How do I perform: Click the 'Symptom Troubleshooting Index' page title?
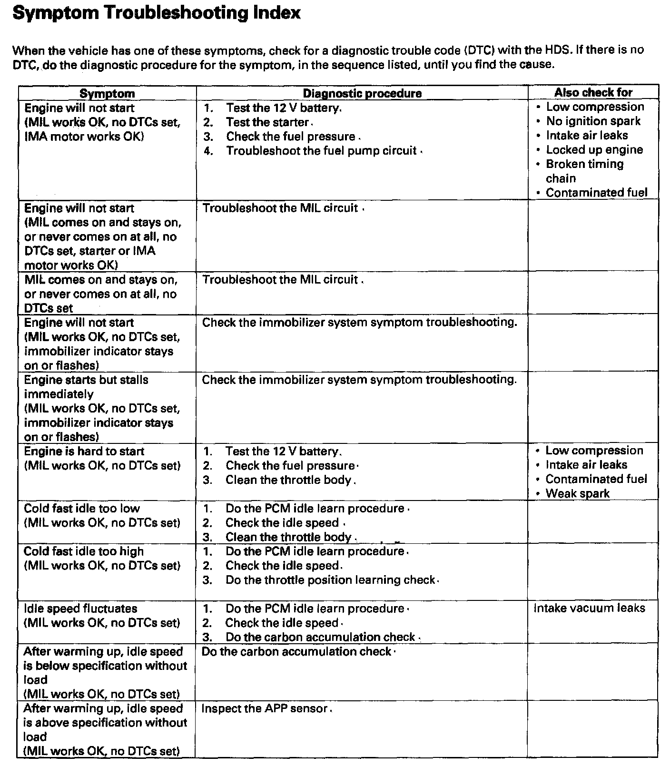(156, 13)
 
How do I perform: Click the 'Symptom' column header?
(107, 93)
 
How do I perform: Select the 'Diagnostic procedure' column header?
(362, 93)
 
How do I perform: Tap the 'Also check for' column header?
(593, 92)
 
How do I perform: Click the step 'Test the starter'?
(267, 122)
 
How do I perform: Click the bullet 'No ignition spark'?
(593, 121)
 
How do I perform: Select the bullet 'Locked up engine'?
(594, 150)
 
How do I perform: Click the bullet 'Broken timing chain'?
(584, 171)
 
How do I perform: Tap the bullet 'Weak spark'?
(577, 493)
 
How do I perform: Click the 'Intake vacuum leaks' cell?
(589, 608)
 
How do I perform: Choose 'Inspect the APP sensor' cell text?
(265, 708)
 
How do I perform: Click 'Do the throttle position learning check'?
(330, 580)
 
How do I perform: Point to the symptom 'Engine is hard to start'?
(84, 451)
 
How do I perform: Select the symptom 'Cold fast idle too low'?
(82, 508)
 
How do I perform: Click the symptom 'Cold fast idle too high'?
(84, 551)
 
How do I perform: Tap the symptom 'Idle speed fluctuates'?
(80, 609)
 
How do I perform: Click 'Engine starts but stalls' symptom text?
(86, 380)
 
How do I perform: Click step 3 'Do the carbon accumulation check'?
(320, 637)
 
